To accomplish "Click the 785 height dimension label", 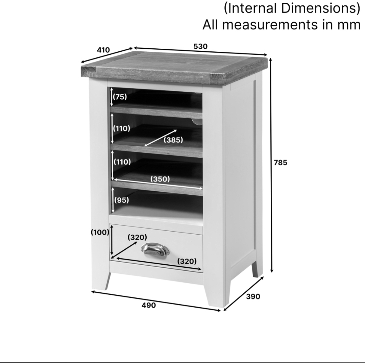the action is pyautogui.click(x=280, y=163).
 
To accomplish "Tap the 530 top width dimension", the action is pyautogui.click(x=200, y=47).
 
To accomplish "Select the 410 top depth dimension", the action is pyautogui.click(x=103, y=50).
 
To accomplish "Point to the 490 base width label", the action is pyautogui.click(x=149, y=305).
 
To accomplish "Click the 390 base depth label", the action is pyautogui.click(x=253, y=296).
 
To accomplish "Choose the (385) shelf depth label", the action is pyautogui.click(x=173, y=140).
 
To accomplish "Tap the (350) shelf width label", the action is pyautogui.click(x=160, y=179).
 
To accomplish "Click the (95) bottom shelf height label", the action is pyautogui.click(x=122, y=200).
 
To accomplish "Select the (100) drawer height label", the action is pyautogui.click(x=100, y=232).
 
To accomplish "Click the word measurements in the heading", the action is pyautogui.click(x=270, y=25).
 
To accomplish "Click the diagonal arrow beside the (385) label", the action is pyautogui.click(x=161, y=138).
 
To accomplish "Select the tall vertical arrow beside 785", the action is pyautogui.click(x=271, y=165).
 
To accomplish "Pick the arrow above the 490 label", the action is pyautogui.click(x=156, y=301).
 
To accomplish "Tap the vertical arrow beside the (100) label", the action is pyautogui.click(x=112, y=240).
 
